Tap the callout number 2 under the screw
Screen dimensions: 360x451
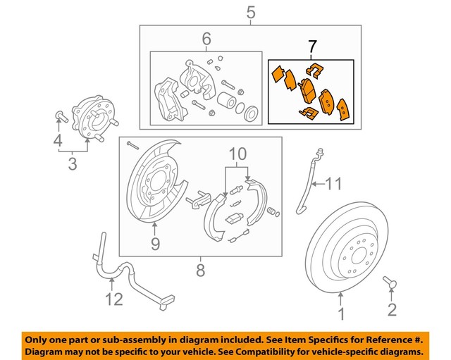[393, 309]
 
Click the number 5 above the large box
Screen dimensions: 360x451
[251, 12]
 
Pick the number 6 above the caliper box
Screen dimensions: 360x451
[206, 40]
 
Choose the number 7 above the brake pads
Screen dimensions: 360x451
[313, 47]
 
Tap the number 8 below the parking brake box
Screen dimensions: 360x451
[200, 270]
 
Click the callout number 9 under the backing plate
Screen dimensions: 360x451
[156, 244]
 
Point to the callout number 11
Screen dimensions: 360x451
[334, 185]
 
